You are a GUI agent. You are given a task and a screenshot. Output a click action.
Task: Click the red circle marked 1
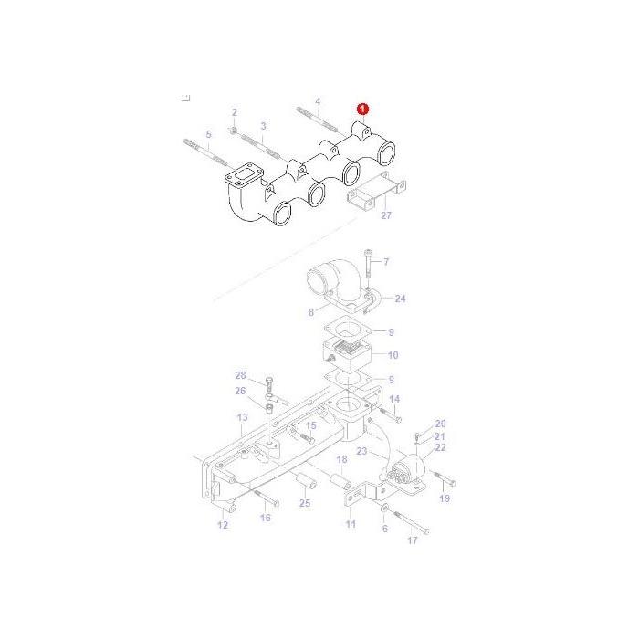(362, 110)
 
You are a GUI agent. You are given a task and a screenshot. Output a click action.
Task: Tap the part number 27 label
(386, 215)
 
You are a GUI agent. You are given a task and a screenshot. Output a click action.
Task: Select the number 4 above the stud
(318, 101)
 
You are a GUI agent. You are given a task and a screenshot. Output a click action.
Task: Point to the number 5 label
(209, 134)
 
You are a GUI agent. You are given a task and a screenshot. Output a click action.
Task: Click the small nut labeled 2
(234, 131)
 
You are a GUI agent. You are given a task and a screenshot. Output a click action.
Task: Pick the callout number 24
(400, 299)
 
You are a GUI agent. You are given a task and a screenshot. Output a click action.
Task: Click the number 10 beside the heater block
(393, 355)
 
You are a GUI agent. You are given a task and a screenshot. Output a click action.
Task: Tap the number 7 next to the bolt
(386, 262)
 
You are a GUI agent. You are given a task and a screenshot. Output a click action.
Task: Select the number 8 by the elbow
(311, 312)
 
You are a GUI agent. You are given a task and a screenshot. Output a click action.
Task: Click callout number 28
(240, 375)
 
